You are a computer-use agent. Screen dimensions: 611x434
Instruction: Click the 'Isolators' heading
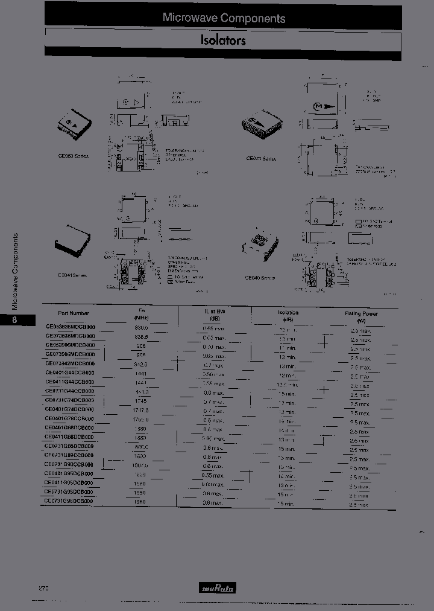[223, 41]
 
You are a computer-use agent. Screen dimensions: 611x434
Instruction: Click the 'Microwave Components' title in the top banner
[224, 18]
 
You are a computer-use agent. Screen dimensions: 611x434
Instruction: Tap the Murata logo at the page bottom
[218, 587]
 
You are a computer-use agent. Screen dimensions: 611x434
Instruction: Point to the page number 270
[44, 587]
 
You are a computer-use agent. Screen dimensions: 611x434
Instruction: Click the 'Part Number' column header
[74, 313]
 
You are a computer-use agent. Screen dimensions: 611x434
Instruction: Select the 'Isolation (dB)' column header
[288, 316]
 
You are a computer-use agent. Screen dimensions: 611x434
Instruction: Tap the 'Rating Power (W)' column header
[361, 316]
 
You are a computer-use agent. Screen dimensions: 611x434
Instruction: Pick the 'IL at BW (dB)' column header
[214, 314]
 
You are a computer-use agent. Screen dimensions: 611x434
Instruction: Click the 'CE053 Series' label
[74, 156]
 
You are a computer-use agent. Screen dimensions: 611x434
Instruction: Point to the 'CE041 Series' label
[72, 275]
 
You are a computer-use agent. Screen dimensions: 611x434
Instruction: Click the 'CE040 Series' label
[260, 277]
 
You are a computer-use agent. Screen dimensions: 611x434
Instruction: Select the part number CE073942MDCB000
[71, 363]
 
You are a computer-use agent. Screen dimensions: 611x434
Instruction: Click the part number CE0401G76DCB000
[70, 418]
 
